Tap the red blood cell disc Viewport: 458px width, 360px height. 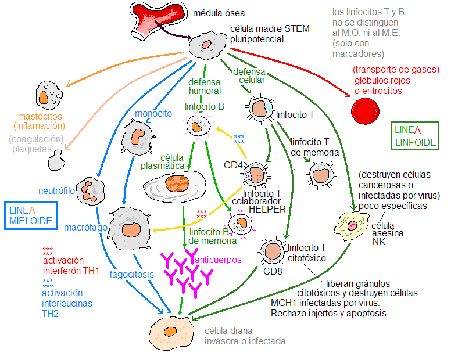(x=367, y=109)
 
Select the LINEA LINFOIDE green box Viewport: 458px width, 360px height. (x=415, y=136)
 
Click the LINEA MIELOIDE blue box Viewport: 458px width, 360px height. (x=31, y=215)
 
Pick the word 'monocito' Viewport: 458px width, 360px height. (x=153, y=113)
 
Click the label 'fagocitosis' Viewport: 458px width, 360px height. (x=131, y=274)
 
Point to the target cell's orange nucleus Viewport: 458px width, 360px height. (x=170, y=332)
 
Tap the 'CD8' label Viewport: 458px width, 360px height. (x=272, y=271)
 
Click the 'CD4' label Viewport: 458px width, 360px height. (x=233, y=165)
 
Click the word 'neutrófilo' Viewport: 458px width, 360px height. (x=56, y=190)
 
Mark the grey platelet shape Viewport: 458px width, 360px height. (x=56, y=160)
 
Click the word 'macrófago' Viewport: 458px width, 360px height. (x=86, y=228)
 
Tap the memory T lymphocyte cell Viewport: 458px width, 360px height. (x=320, y=174)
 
